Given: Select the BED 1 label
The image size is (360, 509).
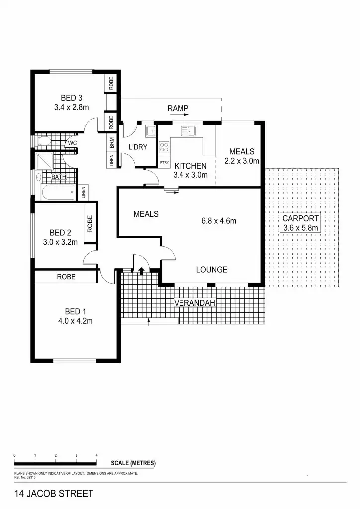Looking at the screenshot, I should coord(75,312).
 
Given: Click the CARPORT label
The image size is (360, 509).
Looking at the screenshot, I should coord(300,218).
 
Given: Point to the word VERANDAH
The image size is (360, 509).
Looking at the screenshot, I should coord(194,303).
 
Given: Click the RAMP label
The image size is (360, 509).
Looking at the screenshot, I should coord(178,108).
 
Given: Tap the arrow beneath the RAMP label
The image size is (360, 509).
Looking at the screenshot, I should coord(178,115).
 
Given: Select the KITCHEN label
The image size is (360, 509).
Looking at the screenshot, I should coord(189,166).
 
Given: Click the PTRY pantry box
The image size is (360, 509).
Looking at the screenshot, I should coord(164,163).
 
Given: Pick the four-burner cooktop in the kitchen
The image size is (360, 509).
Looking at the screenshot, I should coord(164,147).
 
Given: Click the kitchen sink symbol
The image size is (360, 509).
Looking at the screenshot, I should coord(188,131).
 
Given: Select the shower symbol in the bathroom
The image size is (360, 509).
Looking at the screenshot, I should coord(45,160).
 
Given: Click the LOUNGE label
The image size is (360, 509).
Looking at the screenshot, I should coord(211,270).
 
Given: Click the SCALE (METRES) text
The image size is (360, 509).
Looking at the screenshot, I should coord(133,463).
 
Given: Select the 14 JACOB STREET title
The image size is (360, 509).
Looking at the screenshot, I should coord(54,494).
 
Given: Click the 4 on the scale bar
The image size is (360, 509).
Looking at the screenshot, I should coord(96,455).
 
